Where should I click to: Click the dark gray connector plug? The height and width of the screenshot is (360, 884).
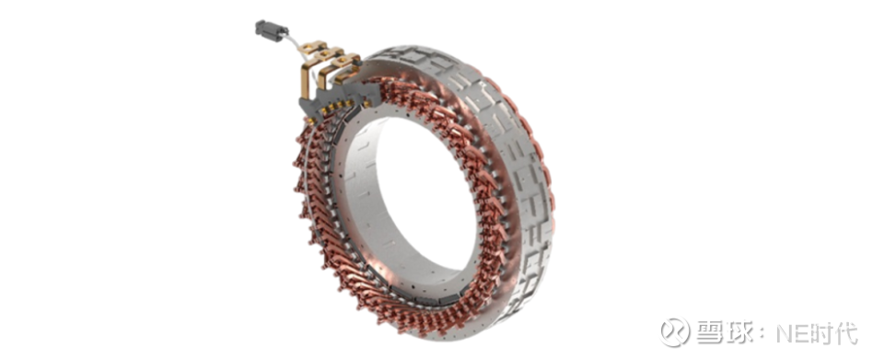tap(271, 29)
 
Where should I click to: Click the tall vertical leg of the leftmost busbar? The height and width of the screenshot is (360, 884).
tap(306, 80)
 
